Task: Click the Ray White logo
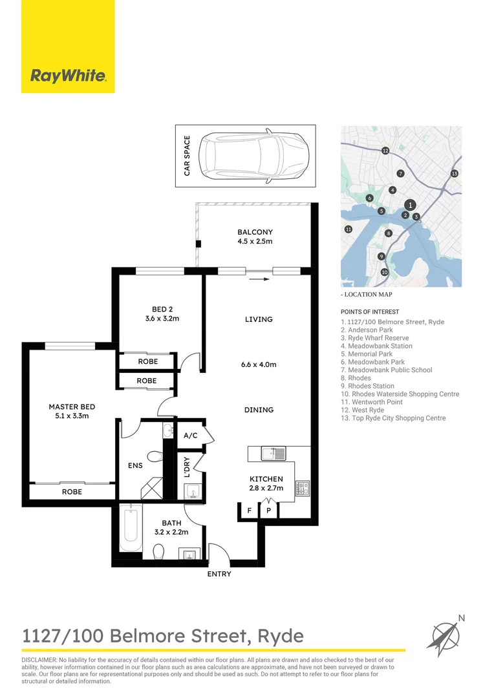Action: pyautogui.click(x=68, y=76)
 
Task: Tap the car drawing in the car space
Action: pyautogui.click(x=253, y=156)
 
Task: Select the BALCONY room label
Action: pyautogui.click(x=255, y=232)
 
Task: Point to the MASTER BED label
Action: pyautogui.click(x=72, y=407)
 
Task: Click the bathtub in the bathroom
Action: pyautogui.click(x=131, y=527)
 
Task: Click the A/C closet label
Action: pyautogui.click(x=190, y=436)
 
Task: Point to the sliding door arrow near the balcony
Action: pyautogui.click(x=257, y=280)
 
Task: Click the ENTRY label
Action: pyautogui.click(x=219, y=574)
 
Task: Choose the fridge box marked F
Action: pyautogui.click(x=249, y=511)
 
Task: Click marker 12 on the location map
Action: pyautogui.click(x=385, y=151)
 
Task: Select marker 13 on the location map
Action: pyautogui.click(x=455, y=173)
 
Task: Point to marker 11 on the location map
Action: pyautogui.click(x=348, y=229)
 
